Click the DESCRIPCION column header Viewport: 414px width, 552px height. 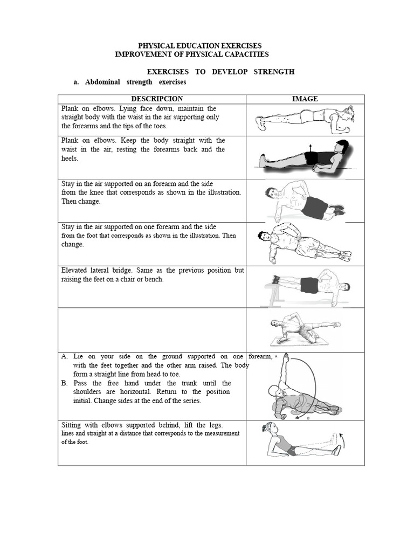[x=157, y=99]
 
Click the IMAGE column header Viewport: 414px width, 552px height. [x=305, y=99]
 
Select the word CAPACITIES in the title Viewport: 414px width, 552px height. [x=244, y=54]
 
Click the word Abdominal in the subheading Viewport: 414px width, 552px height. [x=102, y=82]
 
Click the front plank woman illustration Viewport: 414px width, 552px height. [x=306, y=119]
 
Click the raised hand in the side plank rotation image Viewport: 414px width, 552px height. [x=285, y=357]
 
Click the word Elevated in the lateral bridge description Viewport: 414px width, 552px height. [x=76, y=270]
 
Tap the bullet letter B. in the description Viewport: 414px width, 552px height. [x=65, y=383]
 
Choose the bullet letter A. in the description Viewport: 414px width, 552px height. [x=65, y=356]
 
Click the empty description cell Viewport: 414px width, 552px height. [x=152, y=329]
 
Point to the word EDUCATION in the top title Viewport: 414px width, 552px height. [x=189, y=46]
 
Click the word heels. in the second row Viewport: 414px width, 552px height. [x=70, y=158]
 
